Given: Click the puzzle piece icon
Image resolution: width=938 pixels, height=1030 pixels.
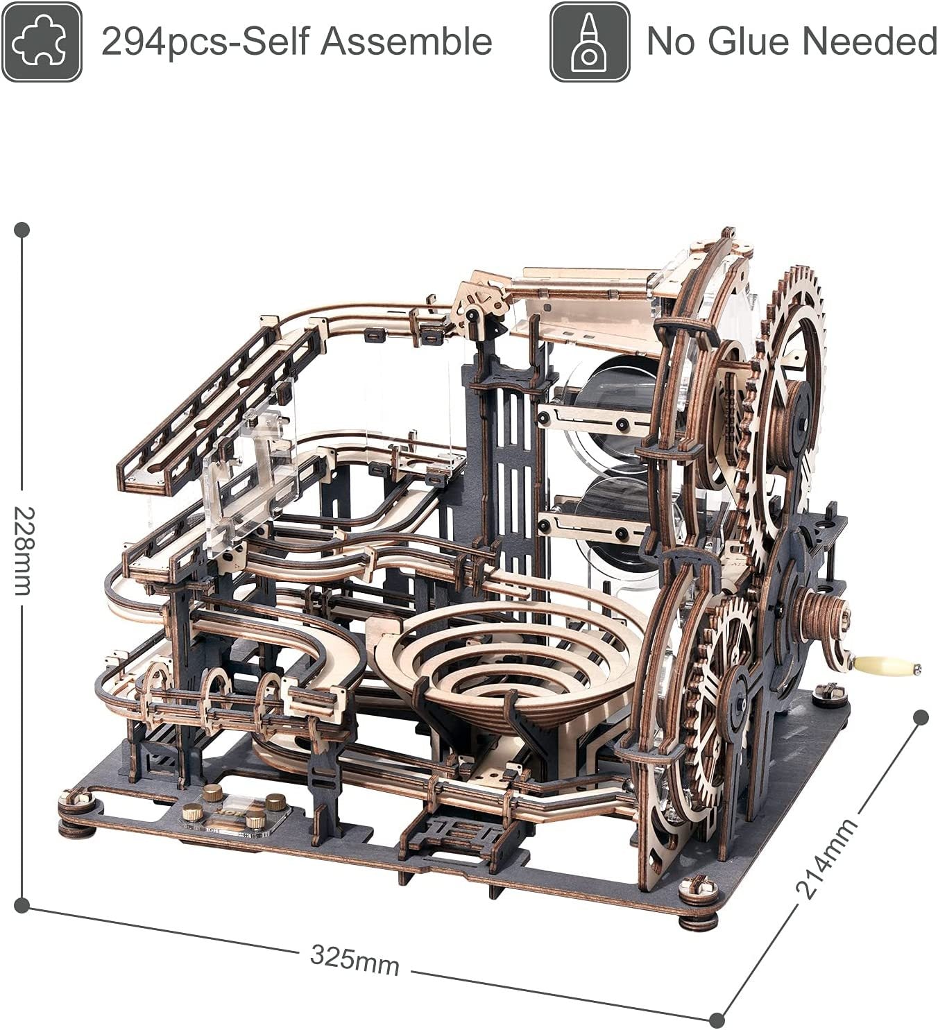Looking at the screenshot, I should [41, 42].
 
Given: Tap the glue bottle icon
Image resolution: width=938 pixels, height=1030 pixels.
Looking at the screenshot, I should [590, 42].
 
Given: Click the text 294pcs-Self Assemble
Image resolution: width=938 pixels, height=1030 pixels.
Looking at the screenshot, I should [297, 42].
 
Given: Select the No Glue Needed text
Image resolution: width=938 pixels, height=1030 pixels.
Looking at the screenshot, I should [792, 42].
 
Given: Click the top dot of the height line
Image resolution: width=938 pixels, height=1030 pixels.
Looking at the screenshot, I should [22, 229].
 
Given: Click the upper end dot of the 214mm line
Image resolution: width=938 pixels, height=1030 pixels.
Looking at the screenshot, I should [921, 718].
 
